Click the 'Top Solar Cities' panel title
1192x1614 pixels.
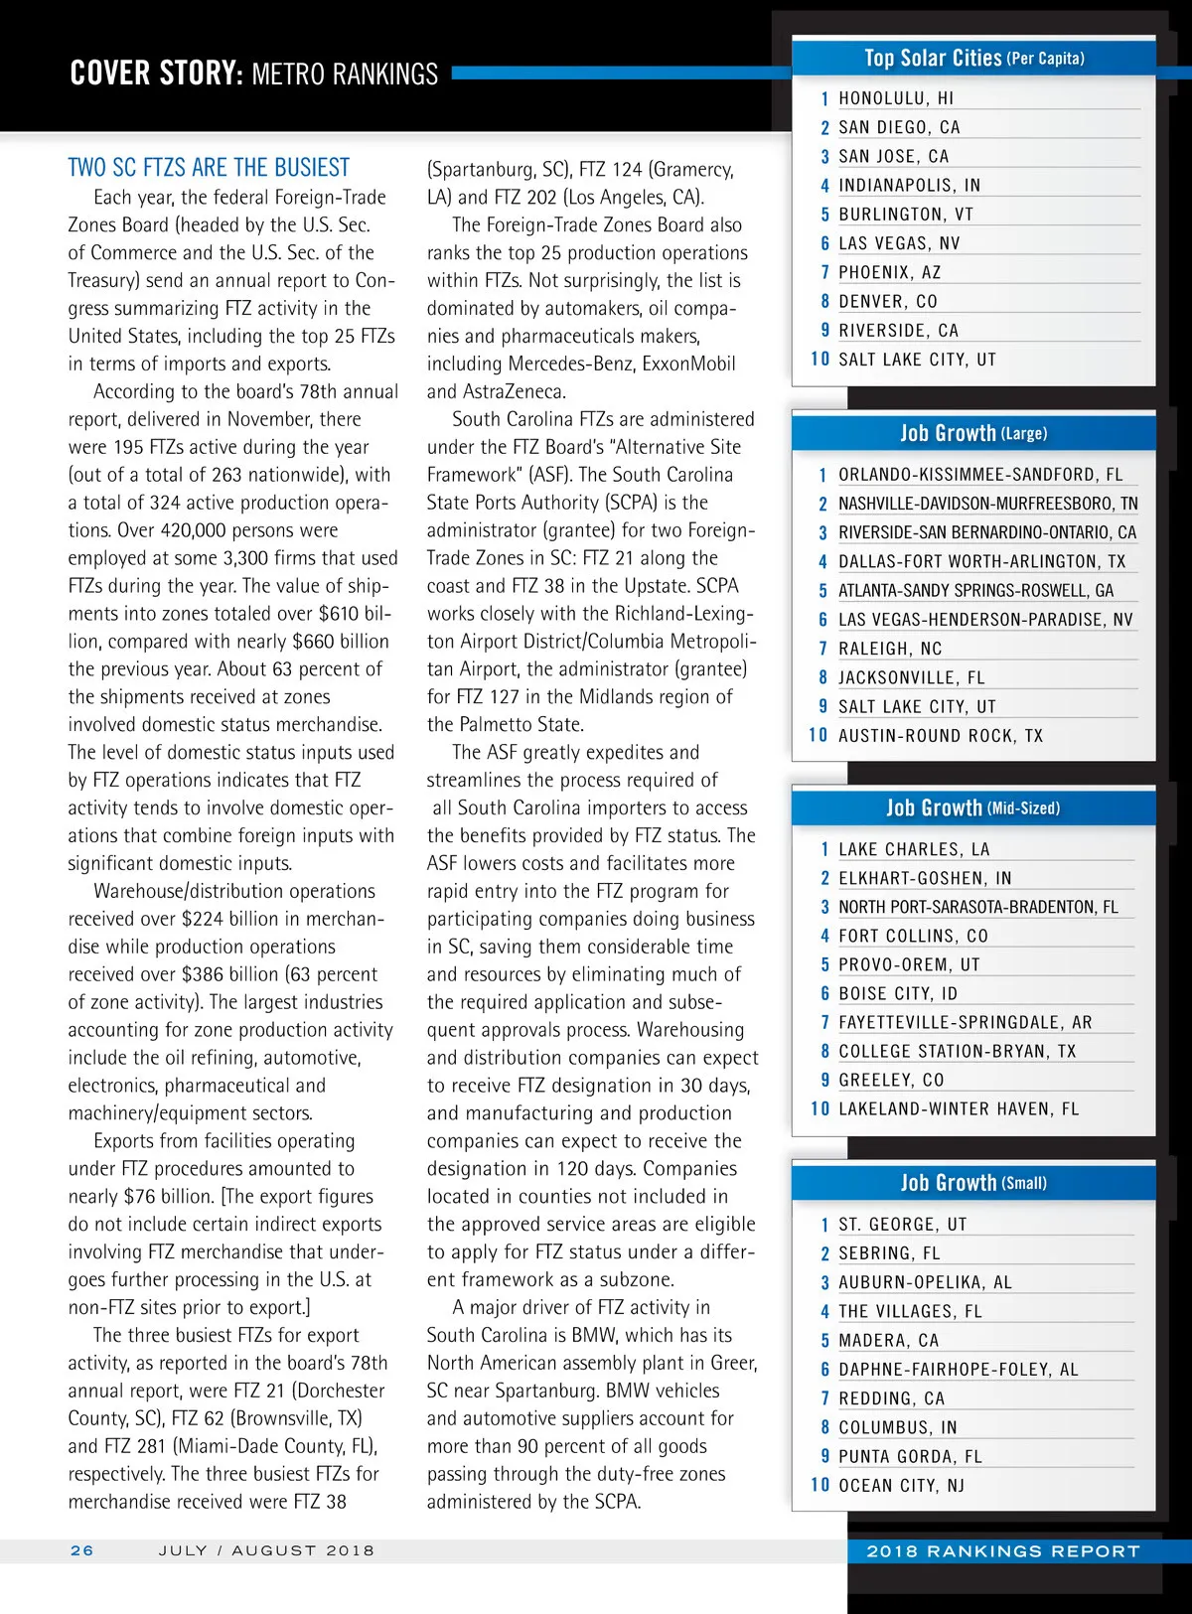pos(973,58)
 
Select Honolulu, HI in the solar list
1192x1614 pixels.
pos(895,98)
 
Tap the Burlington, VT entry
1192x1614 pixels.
pos(905,215)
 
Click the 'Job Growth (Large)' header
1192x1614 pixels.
pos(973,433)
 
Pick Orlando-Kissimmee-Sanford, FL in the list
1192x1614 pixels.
pos(979,475)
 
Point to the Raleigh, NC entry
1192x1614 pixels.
pos(889,649)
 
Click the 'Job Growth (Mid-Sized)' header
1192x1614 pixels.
pos(973,807)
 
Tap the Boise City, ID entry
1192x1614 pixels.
pos(898,993)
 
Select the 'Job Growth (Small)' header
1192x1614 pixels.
pos(973,1183)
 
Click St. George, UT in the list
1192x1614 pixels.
pos(902,1225)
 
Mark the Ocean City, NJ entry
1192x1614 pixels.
pos(901,1485)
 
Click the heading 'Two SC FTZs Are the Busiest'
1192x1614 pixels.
pos(209,167)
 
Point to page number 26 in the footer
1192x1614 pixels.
pos(82,1550)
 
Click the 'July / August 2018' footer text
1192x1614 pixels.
pos(266,1550)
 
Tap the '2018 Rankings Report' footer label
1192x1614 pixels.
pos(1003,1550)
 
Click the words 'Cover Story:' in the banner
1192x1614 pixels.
pos(156,73)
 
